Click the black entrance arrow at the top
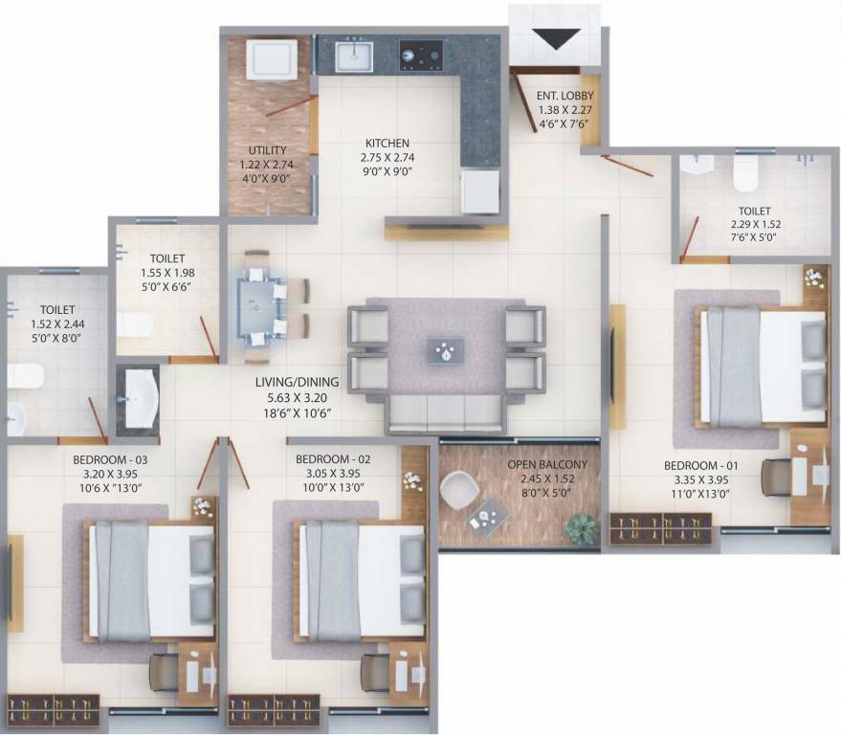point(557,39)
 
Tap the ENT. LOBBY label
point(564,96)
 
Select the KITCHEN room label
point(387,144)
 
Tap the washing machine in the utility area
point(272,59)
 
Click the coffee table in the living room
point(445,350)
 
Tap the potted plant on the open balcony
point(580,527)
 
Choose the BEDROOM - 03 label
point(110,458)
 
